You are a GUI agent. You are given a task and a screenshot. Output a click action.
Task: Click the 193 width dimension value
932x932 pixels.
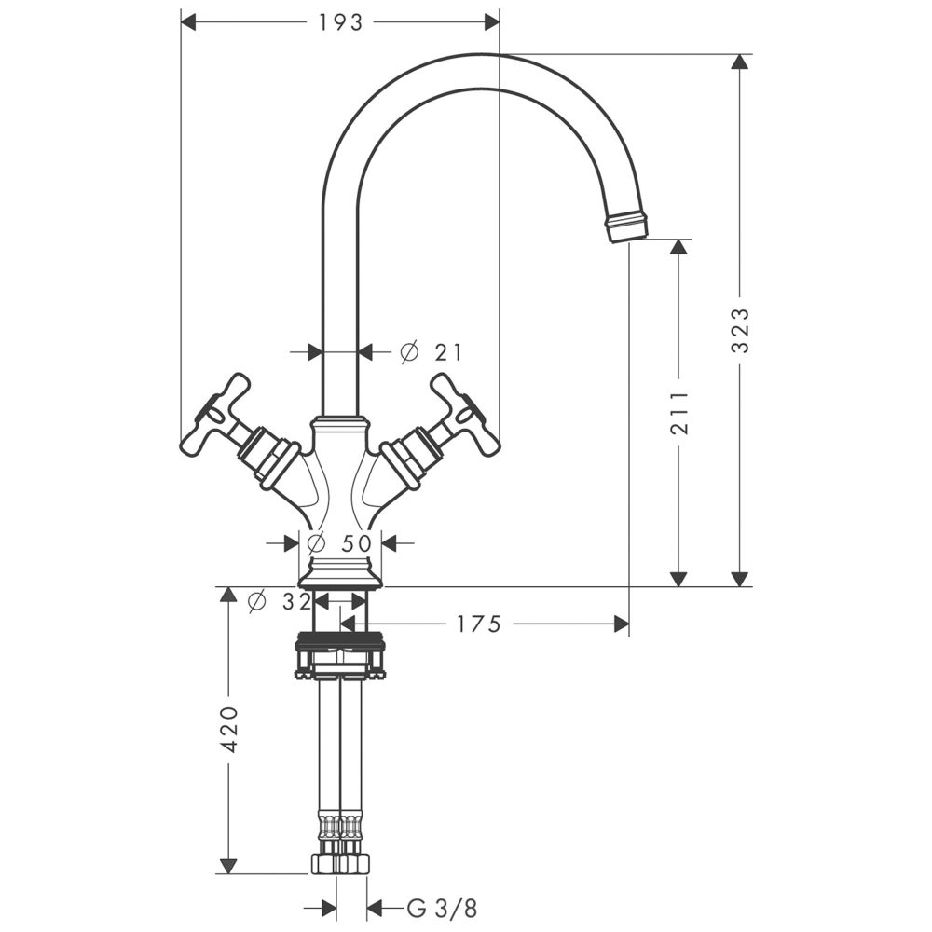tap(340, 22)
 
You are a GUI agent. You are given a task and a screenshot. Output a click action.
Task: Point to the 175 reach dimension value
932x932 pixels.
tap(478, 624)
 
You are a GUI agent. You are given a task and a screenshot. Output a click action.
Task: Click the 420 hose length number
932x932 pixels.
tap(231, 730)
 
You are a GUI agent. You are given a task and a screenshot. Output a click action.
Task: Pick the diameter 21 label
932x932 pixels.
tap(432, 351)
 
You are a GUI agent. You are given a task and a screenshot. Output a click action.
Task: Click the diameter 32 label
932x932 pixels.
tap(281, 602)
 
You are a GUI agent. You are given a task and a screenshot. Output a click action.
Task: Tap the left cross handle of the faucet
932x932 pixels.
tap(216, 415)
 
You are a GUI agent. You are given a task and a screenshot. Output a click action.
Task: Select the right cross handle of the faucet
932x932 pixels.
tap(463, 415)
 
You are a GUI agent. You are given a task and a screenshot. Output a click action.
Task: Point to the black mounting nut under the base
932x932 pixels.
tap(340, 642)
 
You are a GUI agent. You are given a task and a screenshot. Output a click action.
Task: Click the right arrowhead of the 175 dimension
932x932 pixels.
tap(622, 624)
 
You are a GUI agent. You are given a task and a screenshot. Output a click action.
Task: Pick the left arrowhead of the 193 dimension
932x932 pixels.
tap(187, 22)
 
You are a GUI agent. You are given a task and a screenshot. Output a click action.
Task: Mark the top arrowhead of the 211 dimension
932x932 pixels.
tap(679, 248)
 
